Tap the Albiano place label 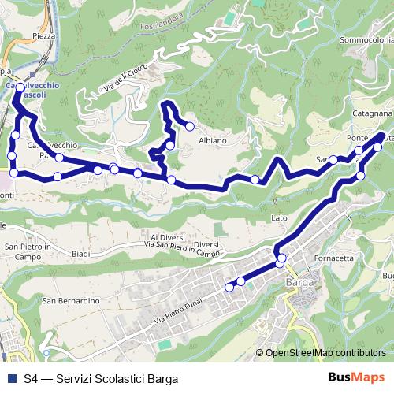click(x=213, y=140)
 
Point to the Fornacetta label click(x=333, y=258)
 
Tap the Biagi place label click(x=81, y=254)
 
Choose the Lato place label click(x=279, y=217)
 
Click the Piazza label click(x=44, y=36)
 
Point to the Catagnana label click(x=365, y=117)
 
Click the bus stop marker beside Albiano click(x=189, y=126)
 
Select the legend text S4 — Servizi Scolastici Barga click(x=101, y=377)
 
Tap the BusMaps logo click(x=355, y=377)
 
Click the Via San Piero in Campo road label click(x=181, y=250)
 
